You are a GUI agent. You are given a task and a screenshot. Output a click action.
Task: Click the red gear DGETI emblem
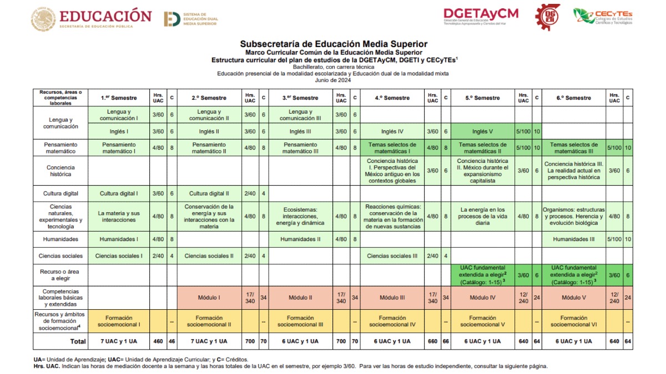click(x=547, y=17)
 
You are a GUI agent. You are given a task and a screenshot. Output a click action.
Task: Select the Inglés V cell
click(x=482, y=131)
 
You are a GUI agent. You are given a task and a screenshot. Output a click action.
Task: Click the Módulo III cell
click(x=392, y=298)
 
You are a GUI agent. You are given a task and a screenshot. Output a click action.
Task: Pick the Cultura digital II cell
click(x=209, y=193)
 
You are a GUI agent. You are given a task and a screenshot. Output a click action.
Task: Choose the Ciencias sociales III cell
click(x=392, y=256)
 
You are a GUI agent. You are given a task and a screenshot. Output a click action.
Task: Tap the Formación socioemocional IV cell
click(x=392, y=321)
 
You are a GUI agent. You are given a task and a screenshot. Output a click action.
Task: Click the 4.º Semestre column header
click(x=392, y=98)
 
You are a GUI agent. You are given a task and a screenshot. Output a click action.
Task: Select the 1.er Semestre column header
click(x=119, y=98)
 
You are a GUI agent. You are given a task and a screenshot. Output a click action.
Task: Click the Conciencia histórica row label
click(x=60, y=171)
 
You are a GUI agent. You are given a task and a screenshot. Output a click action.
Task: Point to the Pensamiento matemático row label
click(x=60, y=147)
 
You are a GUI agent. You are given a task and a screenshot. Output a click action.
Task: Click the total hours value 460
click(x=158, y=341)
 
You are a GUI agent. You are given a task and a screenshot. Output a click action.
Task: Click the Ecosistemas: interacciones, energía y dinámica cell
click(x=301, y=217)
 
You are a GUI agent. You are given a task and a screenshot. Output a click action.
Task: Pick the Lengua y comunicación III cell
click(x=301, y=115)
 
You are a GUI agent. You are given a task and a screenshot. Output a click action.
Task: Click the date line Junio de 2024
click(x=333, y=80)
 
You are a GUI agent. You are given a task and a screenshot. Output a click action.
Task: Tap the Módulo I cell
click(x=209, y=298)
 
